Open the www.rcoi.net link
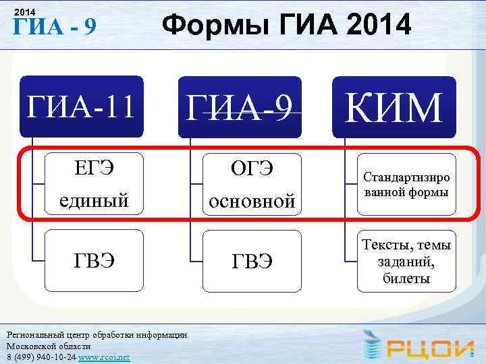pyautogui.click(x=104, y=357)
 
